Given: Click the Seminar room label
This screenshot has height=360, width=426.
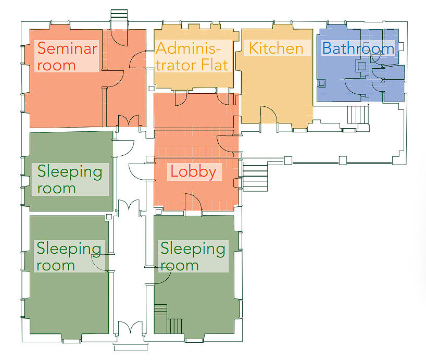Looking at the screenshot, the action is tap(67, 56).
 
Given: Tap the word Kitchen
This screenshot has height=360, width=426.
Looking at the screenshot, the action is tap(276, 48).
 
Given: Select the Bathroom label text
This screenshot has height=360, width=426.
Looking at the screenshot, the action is tap(358, 48).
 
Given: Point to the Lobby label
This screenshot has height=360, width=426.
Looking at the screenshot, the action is tap(193, 172).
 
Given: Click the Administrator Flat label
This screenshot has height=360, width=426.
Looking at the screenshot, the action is tap(192, 56).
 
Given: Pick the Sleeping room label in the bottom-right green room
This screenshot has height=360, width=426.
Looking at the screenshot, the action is tap(193, 256).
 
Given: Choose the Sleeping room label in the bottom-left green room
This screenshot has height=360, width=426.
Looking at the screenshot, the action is tap(69, 256).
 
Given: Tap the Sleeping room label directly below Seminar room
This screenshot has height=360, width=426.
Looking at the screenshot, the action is tap(70, 179).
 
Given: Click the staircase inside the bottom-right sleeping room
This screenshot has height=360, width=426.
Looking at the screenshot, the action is tap(168, 319).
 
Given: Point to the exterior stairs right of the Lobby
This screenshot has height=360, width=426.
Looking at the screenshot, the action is tap(255, 176).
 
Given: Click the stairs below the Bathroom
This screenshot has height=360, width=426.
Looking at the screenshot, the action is tap(358, 115).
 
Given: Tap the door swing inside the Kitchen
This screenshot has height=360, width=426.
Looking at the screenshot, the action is tap(269, 115).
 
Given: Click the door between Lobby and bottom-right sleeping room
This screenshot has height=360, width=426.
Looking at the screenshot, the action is tap(193, 203).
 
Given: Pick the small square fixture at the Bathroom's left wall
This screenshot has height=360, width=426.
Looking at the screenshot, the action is tap(322, 83).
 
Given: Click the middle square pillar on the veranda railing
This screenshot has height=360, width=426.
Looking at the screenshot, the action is tap(343, 160).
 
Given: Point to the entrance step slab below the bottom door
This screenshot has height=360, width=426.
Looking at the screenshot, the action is tap(131, 347).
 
